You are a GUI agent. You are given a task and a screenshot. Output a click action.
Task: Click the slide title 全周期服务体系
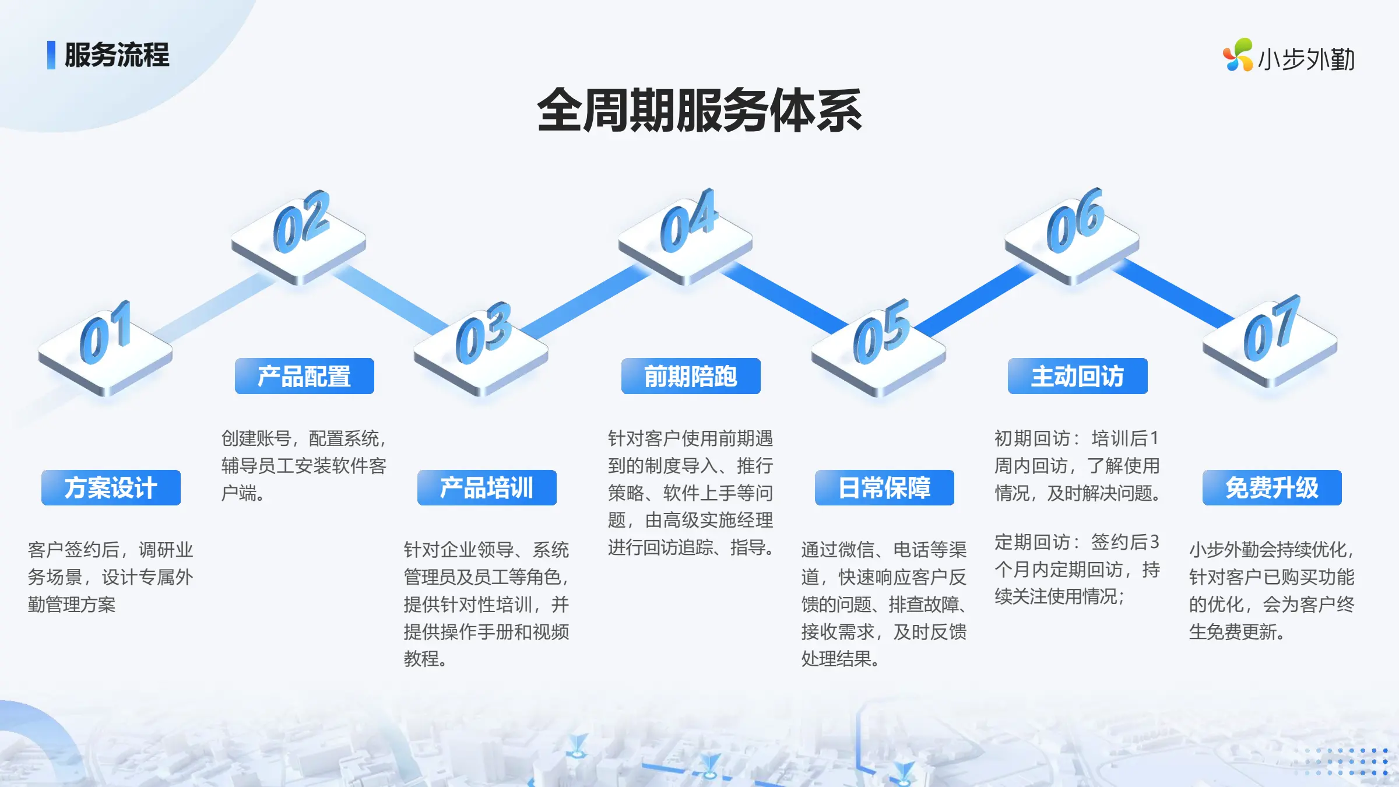(699, 111)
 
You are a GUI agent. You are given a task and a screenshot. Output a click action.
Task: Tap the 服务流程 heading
(117, 55)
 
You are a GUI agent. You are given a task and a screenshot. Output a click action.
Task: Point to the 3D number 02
(301, 222)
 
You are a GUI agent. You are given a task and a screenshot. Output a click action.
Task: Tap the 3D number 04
(688, 220)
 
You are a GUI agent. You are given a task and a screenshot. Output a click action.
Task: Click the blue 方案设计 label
(111, 487)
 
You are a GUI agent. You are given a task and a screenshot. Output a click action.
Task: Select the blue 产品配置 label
(304, 376)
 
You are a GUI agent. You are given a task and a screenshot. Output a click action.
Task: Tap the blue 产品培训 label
(487, 487)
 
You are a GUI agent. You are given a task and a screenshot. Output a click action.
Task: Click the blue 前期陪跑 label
(691, 376)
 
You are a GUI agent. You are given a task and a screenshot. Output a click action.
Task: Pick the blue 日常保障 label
(884, 487)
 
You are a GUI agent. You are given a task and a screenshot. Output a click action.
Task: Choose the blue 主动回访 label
(1077, 376)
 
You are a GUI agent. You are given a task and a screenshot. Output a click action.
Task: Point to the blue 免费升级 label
(1272, 487)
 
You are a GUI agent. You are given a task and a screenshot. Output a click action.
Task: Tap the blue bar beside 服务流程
(51, 55)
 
